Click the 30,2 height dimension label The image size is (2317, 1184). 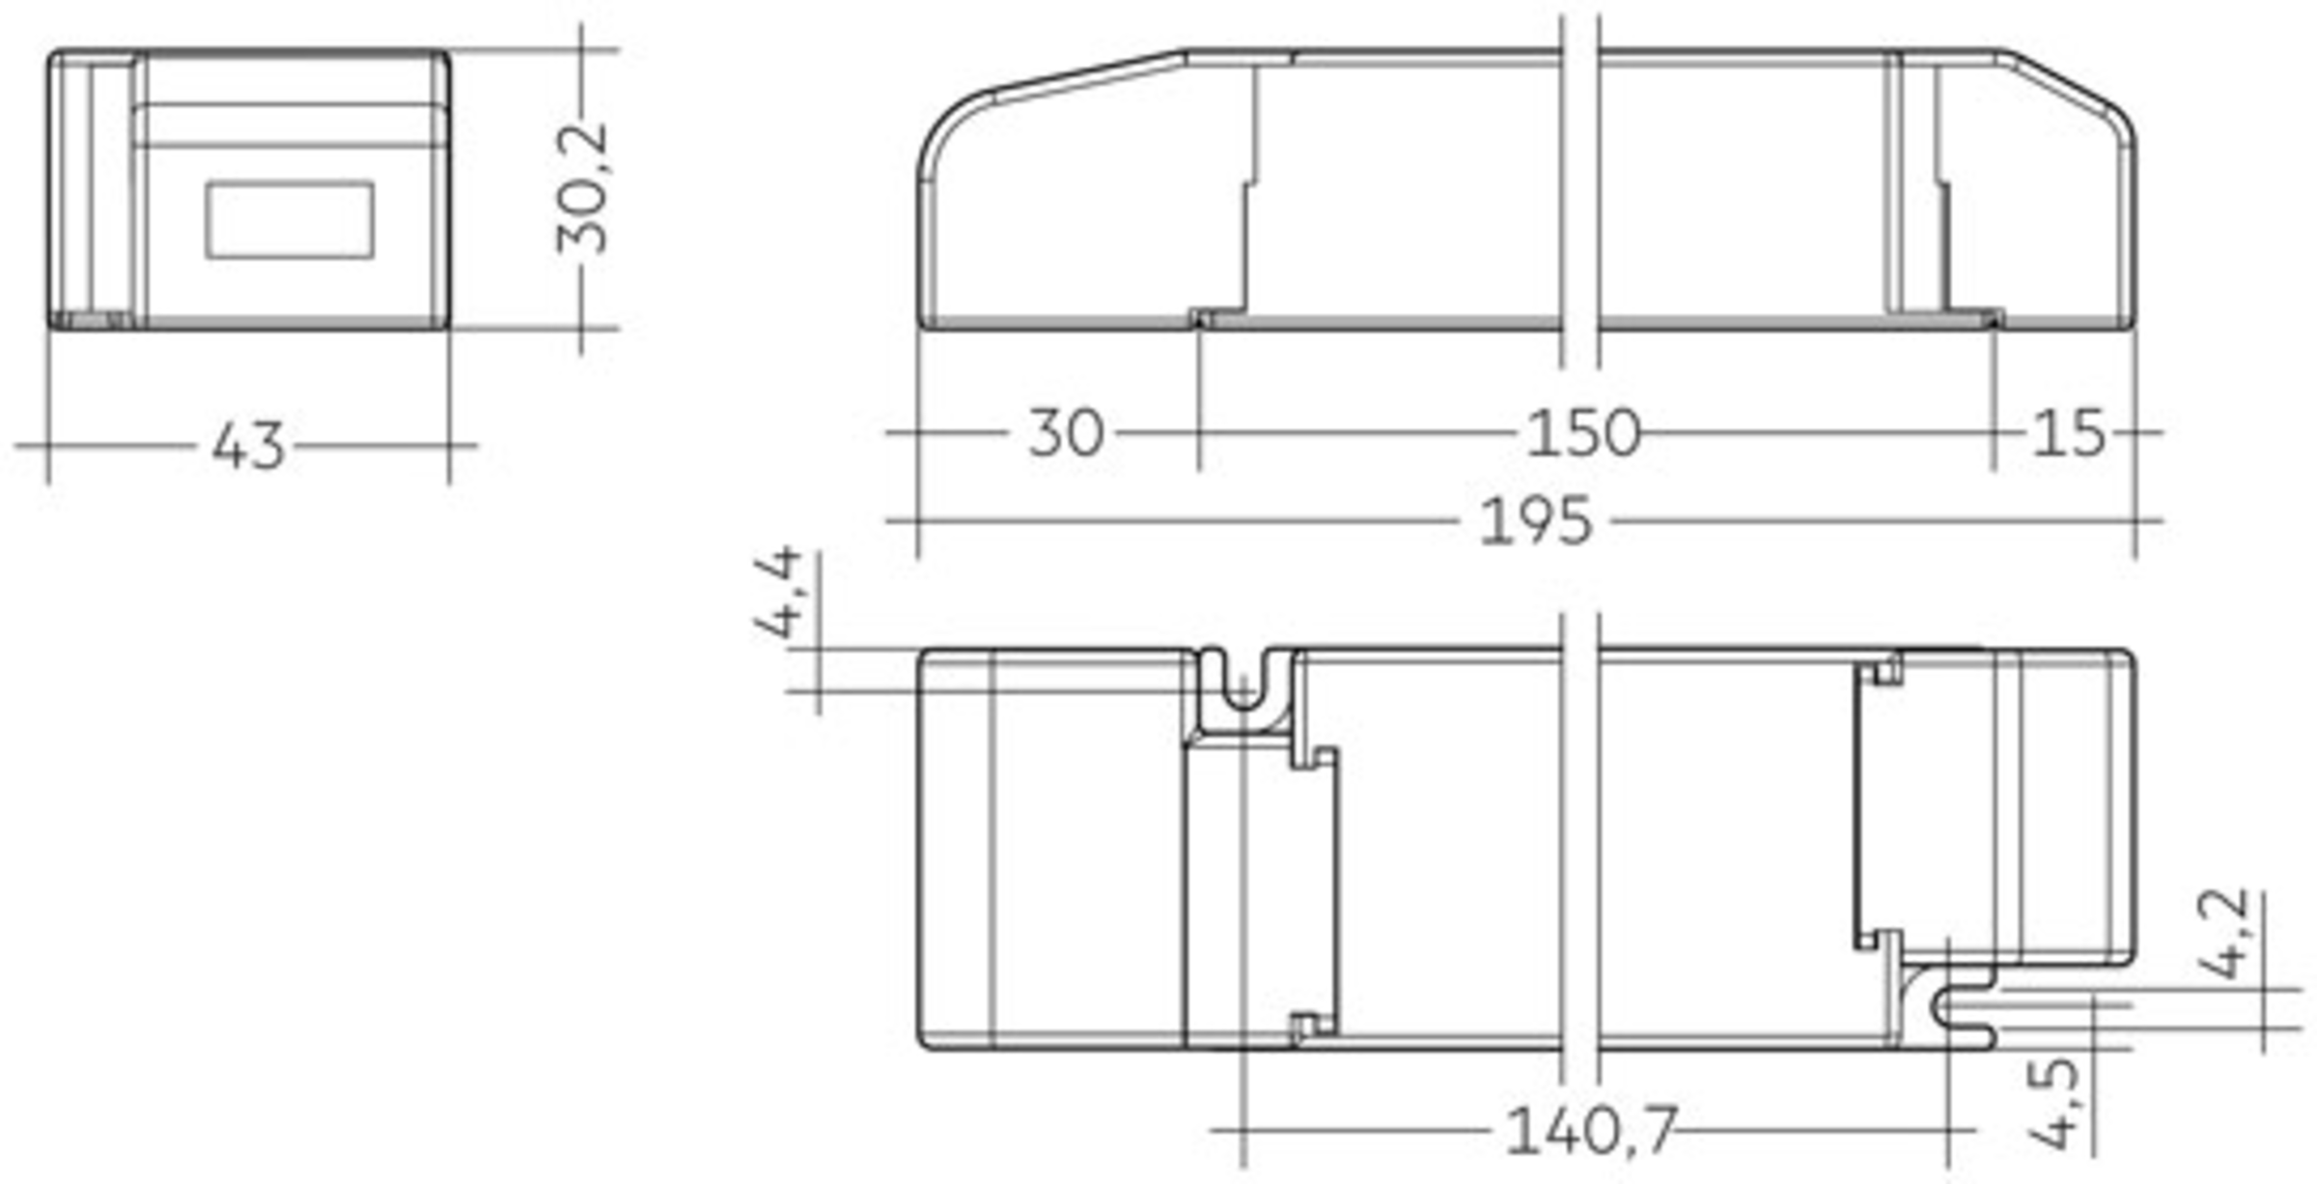coord(582,188)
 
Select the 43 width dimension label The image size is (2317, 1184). coord(248,446)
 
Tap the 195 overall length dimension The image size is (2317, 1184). coord(1535,522)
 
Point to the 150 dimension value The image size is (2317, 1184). coord(1582,433)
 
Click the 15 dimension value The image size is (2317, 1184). coord(2069,433)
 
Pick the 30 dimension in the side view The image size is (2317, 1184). coord(1066,433)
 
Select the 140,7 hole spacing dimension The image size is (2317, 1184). coord(1590,1130)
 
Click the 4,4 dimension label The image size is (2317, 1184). coord(778,591)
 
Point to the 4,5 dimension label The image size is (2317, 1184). coord(2053,1104)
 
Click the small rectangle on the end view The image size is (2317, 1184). coord(290,220)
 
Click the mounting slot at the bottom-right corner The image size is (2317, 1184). coord(1960,1010)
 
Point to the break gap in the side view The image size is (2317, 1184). coord(1579,193)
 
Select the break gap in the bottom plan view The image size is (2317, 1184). coord(1579,850)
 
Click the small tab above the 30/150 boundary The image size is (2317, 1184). coord(1200,317)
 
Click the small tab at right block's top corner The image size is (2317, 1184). coord(1886,669)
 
